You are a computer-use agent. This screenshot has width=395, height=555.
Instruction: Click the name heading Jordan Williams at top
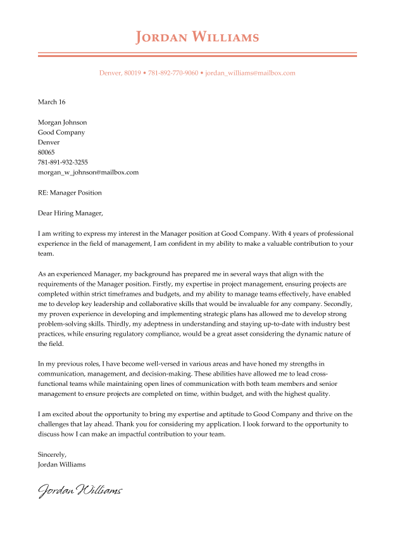(x=197, y=37)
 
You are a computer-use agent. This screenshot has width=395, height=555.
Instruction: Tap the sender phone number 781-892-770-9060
(x=173, y=73)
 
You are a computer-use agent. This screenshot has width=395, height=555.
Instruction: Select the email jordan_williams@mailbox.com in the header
(x=251, y=73)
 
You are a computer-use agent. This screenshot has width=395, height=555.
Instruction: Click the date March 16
(x=51, y=102)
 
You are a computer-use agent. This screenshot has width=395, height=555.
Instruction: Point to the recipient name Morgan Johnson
(x=62, y=122)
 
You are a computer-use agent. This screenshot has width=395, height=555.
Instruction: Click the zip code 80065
(x=46, y=153)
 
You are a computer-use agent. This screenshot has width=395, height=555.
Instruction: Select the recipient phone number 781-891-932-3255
(x=63, y=162)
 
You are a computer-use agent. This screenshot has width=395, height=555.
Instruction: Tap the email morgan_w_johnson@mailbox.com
(x=88, y=172)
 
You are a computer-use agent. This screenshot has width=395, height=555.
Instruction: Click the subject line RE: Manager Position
(x=70, y=193)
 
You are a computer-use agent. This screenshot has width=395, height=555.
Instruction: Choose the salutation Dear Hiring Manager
(x=70, y=213)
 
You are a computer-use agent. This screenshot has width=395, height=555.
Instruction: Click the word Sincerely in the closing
(x=52, y=454)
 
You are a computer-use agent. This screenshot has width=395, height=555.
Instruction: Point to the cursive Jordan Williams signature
(x=80, y=490)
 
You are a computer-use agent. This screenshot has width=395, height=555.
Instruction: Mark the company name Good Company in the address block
(x=61, y=132)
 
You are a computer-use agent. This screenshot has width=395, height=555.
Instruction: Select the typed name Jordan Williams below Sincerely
(x=61, y=464)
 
